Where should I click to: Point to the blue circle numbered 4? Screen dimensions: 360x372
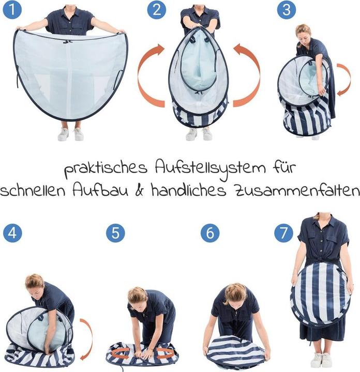pos(12,233)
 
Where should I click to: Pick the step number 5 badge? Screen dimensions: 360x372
pos(115,233)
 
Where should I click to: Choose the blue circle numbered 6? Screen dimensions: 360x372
pos(210,233)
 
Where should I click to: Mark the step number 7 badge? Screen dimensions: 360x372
pos(284,233)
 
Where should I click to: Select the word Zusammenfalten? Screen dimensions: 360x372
pos(297,191)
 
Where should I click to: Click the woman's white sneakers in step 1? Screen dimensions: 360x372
pos(71,134)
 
